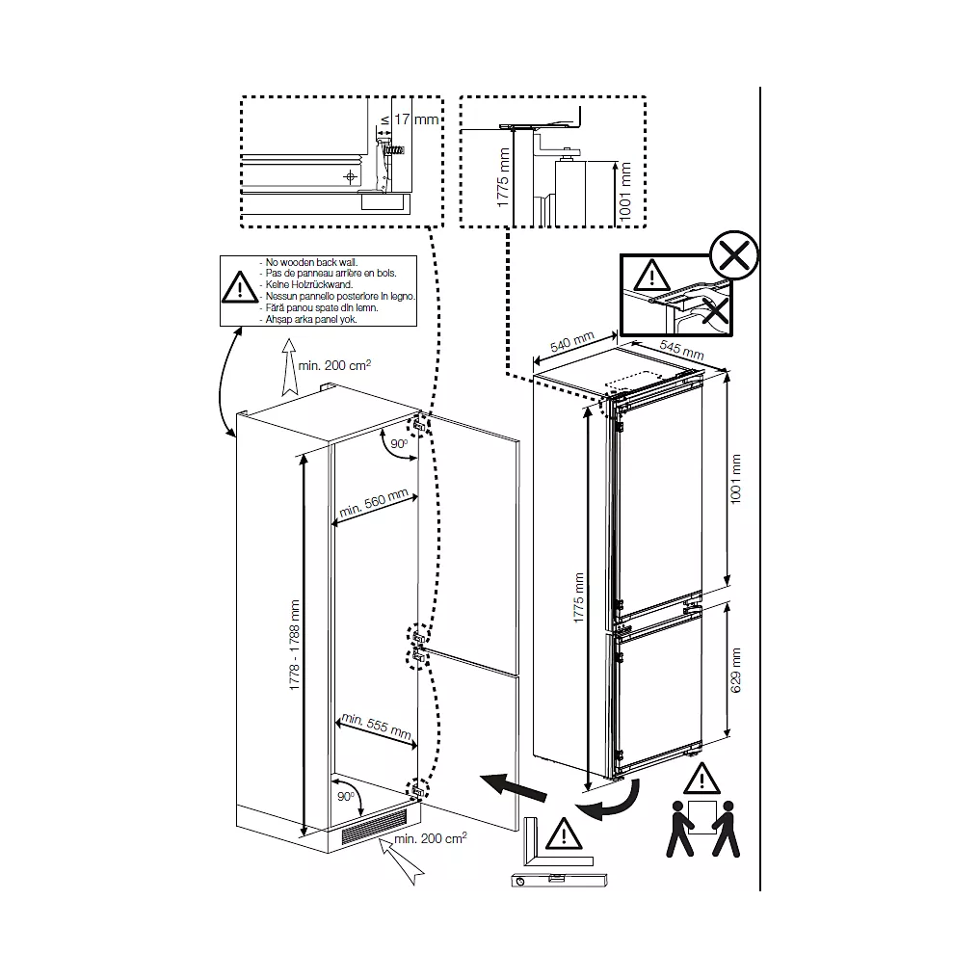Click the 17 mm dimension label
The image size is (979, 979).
pyautogui.click(x=416, y=119)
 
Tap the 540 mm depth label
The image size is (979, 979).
pyautogui.click(x=571, y=342)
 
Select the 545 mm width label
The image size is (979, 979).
pyautogui.click(x=681, y=349)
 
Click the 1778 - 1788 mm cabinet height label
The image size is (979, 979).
pyautogui.click(x=294, y=645)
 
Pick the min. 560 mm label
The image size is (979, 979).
pyautogui.click(x=373, y=502)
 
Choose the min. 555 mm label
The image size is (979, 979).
pyautogui.click(x=377, y=726)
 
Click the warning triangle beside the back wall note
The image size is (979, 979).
pyautogui.click(x=240, y=287)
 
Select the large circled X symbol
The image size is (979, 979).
pyautogui.click(x=734, y=254)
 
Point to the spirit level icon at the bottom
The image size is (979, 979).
pyautogui.click(x=558, y=879)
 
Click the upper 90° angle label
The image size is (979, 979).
pyautogui.click(x=399, y=444)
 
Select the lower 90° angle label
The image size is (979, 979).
pyautogui.click(x=345, y=796)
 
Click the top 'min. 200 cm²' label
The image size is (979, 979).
pyautogui.click(x=334, y=364)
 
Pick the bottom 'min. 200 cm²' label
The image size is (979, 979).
pyautogui.click(x=431, y=838)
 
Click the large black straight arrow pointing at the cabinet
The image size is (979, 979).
pyautogui.click(x=514, y=786)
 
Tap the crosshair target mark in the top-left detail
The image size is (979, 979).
pyautogui.click(x=351, y=176)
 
